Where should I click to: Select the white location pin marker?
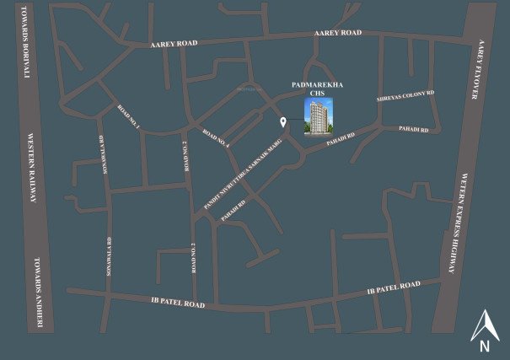283,123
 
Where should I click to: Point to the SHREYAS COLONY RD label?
405,98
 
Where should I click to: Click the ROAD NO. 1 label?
128,116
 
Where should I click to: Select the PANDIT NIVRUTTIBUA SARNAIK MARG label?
250,172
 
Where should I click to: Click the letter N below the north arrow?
484,345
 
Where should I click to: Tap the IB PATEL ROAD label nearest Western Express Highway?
394,287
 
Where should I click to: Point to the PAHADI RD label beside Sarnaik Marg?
233,210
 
